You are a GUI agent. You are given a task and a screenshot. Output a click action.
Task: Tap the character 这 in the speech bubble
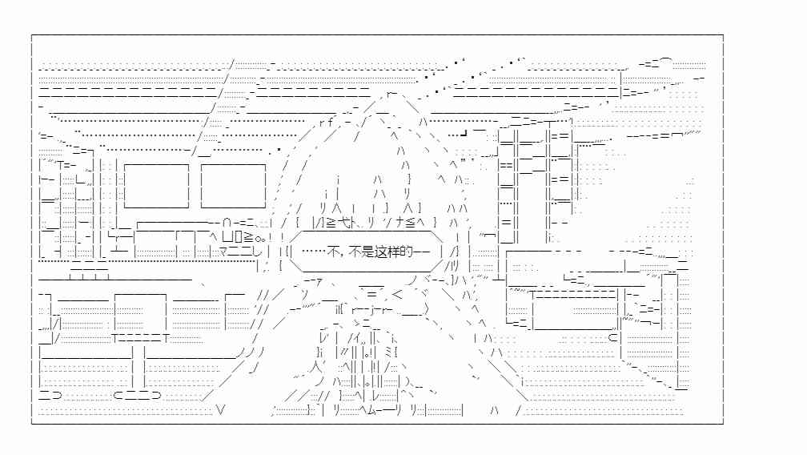pos(381,252)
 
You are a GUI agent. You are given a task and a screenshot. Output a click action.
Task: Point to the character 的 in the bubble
pos(407,252)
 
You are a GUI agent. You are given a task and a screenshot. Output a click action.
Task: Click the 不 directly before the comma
pos(334,252)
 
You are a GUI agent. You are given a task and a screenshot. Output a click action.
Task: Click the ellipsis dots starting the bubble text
pos(314,252)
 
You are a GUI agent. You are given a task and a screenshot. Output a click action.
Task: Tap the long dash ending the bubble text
pos(421,252)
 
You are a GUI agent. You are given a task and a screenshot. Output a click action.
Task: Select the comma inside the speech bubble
pos(343,255)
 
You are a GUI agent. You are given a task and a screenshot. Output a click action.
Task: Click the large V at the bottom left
pos(221,410)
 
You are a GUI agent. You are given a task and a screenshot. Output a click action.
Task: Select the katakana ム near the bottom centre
pos(372,410)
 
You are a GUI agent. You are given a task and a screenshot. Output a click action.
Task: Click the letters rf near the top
pos(326,122)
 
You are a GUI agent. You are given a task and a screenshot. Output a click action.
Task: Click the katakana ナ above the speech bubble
pos(400,223)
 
